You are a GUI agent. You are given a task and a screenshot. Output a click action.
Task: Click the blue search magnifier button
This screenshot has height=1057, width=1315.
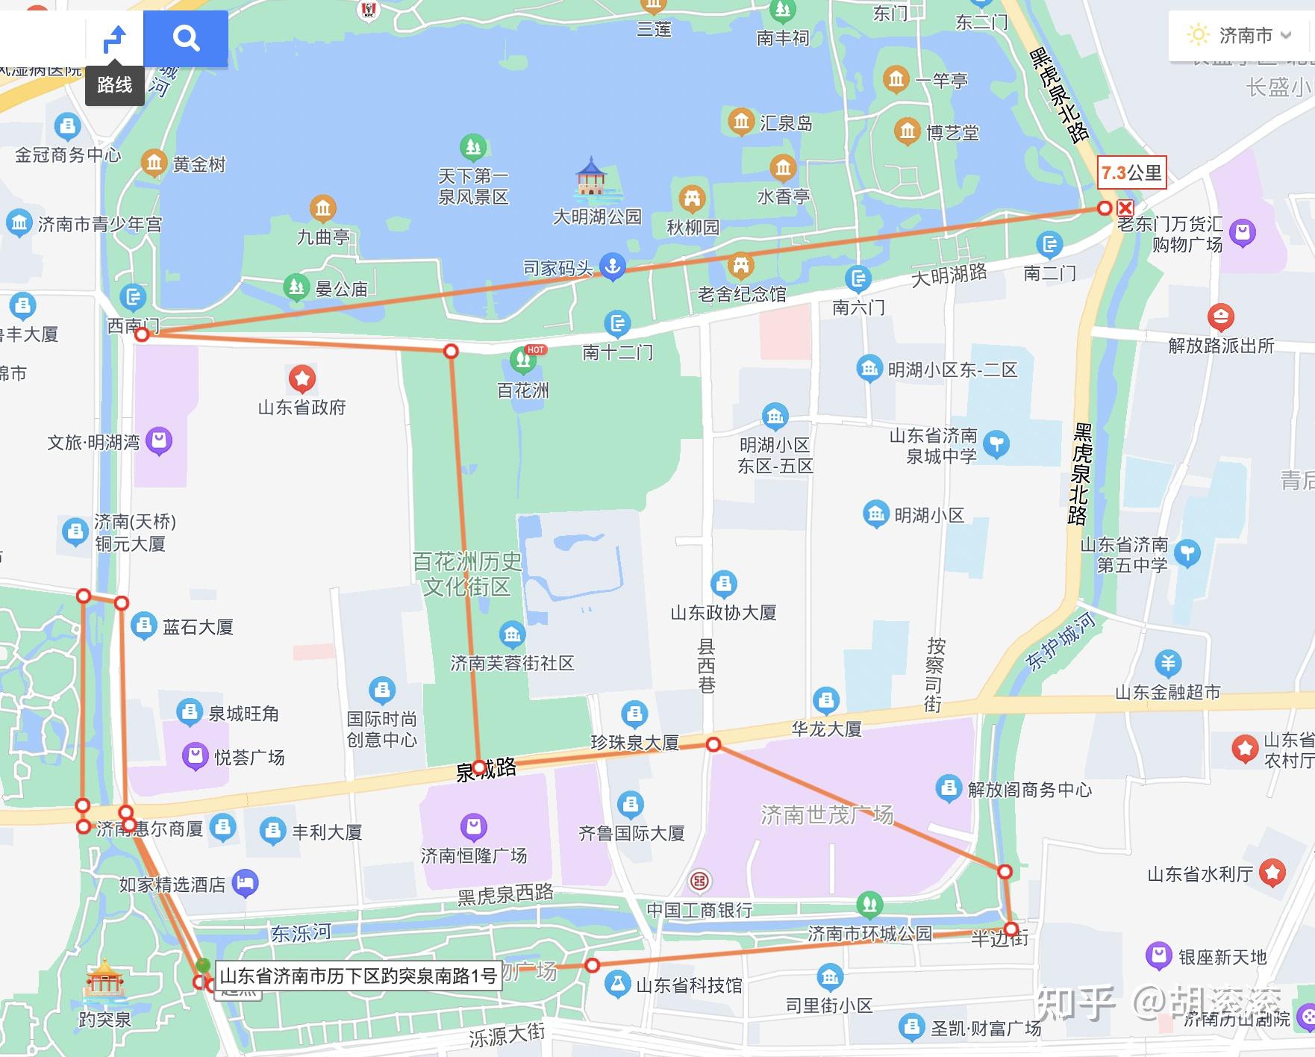[x=186, y=37]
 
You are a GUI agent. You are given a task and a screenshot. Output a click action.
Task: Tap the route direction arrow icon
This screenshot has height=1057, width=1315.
[x=115, y=38]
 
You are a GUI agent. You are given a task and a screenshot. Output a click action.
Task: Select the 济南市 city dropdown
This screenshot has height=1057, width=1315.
[x=1240, y=35]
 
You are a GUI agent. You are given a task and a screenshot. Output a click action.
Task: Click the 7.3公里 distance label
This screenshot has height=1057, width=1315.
[x=1131, y=173]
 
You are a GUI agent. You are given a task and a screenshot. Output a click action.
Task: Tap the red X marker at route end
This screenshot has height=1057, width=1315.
[x=1125, y=208]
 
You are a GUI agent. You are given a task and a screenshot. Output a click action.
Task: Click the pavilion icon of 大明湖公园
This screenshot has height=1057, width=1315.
[x=591, y=178]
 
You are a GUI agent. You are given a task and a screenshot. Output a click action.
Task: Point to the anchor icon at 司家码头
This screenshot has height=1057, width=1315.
[x=613, y=266]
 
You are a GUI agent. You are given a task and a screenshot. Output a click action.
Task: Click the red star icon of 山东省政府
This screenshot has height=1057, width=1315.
[x=302, y=379]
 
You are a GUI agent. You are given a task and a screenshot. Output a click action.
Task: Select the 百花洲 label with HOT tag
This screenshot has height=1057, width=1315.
[x=523, y=390]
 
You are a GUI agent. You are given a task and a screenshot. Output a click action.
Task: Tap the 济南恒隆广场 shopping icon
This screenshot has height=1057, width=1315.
[x=473, y=826]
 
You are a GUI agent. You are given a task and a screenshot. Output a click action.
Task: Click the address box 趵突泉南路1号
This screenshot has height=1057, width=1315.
[x=358, y=976]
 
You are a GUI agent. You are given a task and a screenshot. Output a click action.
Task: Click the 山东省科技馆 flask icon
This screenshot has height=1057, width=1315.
[x=617, y=985]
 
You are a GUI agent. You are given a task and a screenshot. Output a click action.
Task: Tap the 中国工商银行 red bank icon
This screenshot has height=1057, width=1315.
[x=699, y=882]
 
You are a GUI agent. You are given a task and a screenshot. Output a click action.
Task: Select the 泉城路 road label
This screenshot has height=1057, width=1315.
[x=486, y=769]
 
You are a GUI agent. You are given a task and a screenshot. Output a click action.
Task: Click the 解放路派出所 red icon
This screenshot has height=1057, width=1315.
[x=1220, y=318]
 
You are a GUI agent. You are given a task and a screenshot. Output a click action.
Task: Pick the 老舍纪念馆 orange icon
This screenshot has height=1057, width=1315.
[x=740, y=265]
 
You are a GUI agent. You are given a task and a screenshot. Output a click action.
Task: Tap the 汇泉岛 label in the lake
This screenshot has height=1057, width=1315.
[x=785, y=122]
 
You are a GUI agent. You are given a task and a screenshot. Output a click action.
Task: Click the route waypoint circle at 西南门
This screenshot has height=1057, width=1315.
[x=142, y=334]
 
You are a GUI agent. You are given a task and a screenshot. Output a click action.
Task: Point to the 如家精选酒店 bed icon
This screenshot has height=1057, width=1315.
[x=245, y=884]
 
